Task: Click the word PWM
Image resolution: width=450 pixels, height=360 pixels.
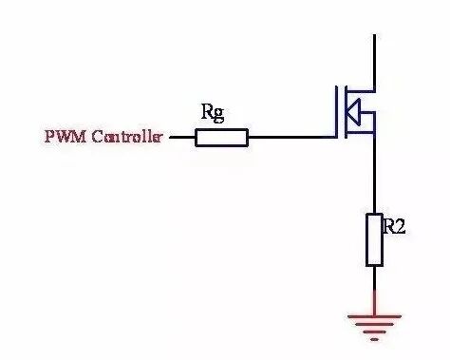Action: pos(66,137)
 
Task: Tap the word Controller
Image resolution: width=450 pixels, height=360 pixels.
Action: pos(127,137)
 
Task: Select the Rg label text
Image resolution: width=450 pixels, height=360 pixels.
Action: pos(213,113)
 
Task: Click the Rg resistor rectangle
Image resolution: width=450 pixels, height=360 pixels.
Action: pos(221,138)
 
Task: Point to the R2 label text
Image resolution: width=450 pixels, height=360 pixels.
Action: pos(394,226)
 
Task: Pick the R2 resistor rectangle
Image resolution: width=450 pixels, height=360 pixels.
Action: pos(374,240)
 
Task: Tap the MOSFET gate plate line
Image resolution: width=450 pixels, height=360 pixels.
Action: pos(336,112)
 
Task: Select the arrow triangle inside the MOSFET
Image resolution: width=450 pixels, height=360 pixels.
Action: pos(353,112)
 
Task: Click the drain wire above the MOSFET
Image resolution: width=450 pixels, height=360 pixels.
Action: pos(375,63)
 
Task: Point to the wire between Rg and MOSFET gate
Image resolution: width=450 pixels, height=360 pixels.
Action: pos(291,138)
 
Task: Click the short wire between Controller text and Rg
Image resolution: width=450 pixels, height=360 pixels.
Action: pos(182,138)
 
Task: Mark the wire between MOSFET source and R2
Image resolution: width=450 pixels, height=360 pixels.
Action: pos(375,174)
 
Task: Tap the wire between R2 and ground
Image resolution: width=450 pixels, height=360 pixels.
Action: pos(375,291)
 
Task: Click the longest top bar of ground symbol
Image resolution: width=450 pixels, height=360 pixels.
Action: pos(374,315)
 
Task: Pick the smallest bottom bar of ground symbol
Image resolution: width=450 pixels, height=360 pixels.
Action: pos(374,340)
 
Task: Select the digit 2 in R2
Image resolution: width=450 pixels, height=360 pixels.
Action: pos(400,226)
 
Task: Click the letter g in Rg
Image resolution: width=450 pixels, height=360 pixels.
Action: pos(218,116)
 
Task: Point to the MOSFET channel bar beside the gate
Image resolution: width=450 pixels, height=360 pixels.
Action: pos(346,112)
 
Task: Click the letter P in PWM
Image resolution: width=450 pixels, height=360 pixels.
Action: pos(48,137)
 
